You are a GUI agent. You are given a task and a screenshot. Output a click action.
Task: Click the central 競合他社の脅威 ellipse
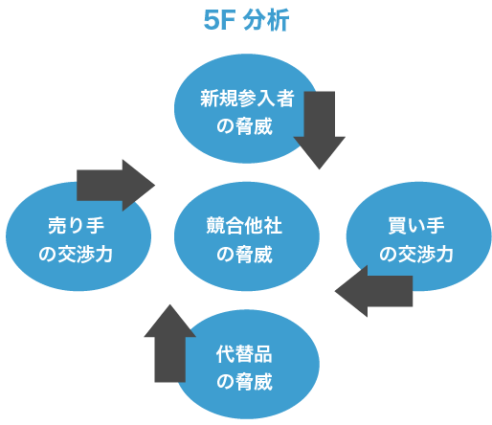coord(246,238)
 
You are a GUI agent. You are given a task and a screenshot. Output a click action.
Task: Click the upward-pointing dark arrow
coord(169,343)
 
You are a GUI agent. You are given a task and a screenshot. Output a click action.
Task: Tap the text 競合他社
coord(245,226)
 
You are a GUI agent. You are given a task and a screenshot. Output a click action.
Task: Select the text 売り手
coord(77,226)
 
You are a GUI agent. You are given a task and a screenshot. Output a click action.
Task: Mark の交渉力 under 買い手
coord(416,255)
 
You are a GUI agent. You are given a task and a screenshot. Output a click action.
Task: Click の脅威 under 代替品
coord(245,382)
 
